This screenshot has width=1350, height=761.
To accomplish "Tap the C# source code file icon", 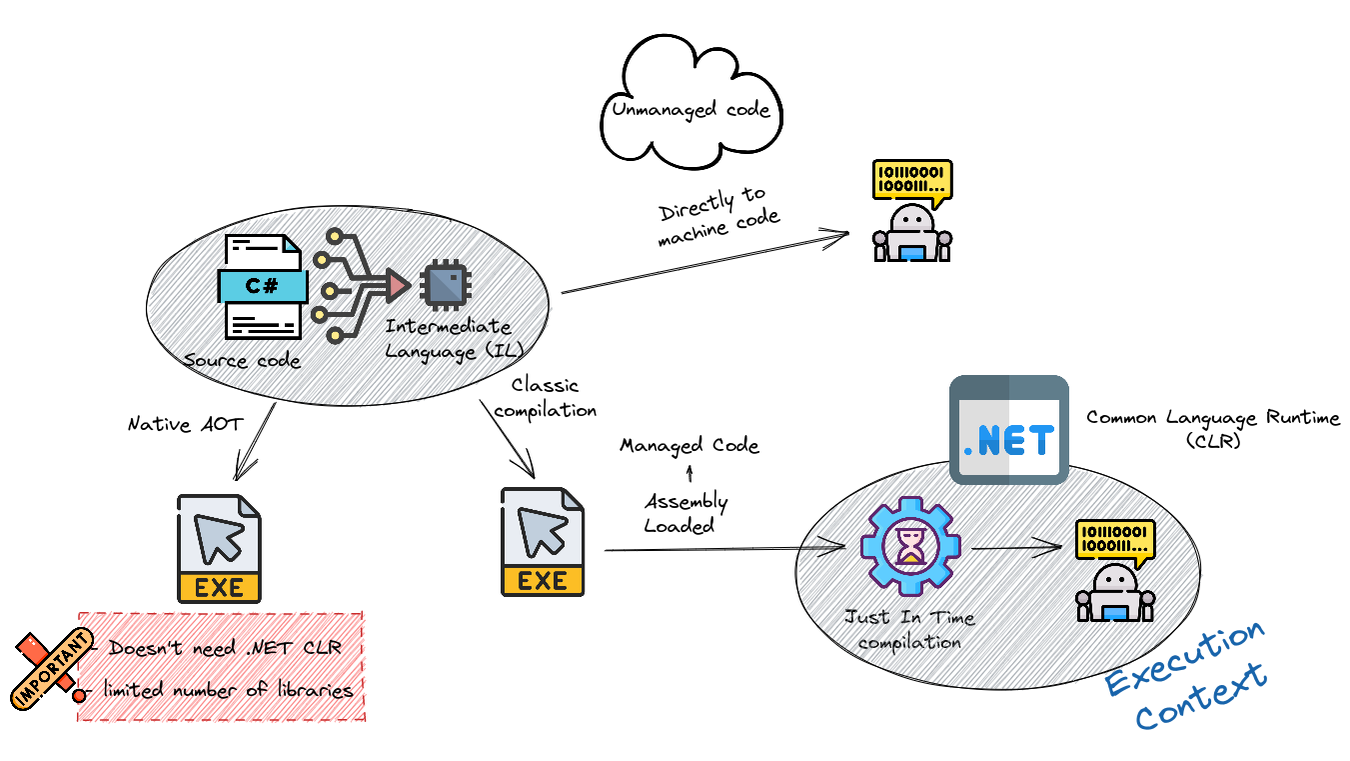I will [262, 286].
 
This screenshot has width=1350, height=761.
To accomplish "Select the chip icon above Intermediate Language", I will [445, 285].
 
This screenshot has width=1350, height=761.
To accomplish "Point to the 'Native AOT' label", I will [185, 424].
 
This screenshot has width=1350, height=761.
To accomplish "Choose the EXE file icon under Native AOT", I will [219, 548].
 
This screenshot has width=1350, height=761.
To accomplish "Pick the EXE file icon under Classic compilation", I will [542, 542].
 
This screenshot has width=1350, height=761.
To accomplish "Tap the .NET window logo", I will [1008, 430].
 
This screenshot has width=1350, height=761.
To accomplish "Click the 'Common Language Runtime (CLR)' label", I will [1213, 428].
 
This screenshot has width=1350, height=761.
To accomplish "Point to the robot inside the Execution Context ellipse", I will [1114, 572].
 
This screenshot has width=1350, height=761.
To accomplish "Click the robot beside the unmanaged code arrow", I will [911, 212].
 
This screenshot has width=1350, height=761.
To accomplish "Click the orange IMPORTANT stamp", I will [51, 668].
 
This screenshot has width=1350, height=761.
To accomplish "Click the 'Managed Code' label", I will [689, 445].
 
